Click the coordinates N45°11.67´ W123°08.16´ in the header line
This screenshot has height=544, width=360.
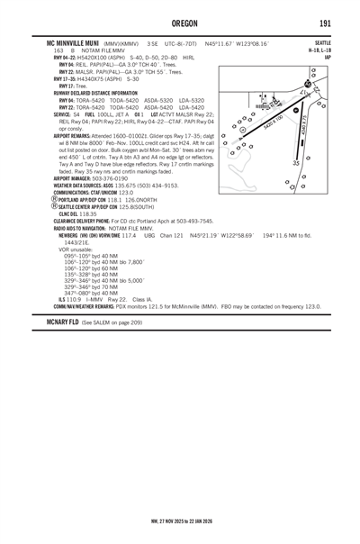coord(242,42)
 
